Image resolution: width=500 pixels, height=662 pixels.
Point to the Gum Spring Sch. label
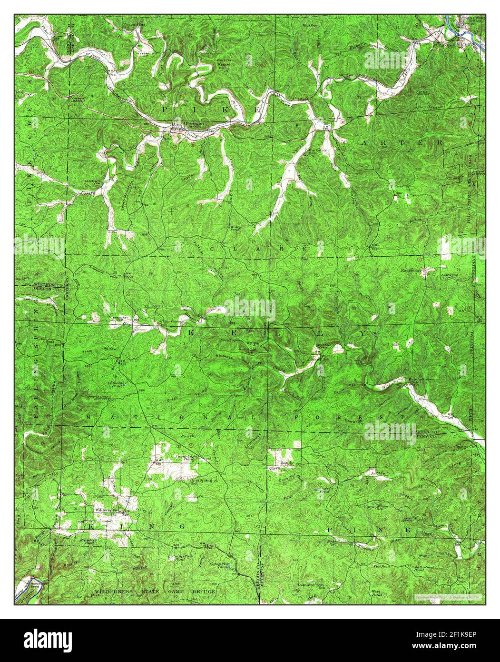pyautogui.click(x=202, y=481)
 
